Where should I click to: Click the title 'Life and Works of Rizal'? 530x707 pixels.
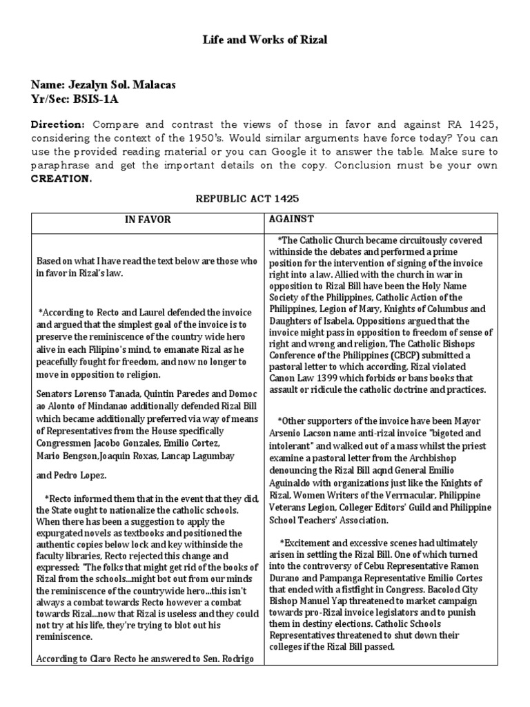[x=264, y=40]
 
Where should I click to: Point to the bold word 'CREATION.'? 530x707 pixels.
[x=61, y=178]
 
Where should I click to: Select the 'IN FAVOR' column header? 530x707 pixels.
[x=147, y=220]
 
